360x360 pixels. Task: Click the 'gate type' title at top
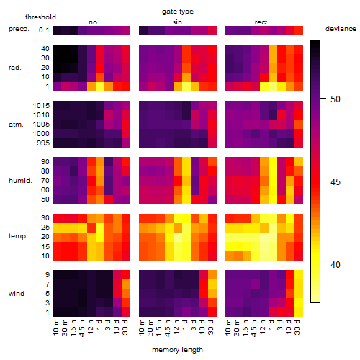point(178,12)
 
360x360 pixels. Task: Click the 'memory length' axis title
point(177,350)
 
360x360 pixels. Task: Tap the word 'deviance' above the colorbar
point(341,29)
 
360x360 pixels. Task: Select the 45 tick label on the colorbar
point(336,181)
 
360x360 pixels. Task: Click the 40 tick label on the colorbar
point(336,265)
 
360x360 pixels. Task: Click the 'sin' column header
point(177,22)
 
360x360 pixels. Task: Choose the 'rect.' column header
point(262,22)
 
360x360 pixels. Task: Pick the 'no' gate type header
point(93,22)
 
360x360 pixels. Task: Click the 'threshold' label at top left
point(40,17)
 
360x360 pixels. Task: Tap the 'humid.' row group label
point(20,181)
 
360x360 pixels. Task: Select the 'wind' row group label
point(17,294)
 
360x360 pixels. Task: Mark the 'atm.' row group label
point(16,125)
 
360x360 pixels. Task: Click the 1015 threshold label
point(41,106)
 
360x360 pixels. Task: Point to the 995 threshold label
point(43,143)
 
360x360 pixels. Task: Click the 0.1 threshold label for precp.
point(44,30)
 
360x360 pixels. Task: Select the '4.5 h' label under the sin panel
point(167,328)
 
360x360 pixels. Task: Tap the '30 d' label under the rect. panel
point(297,328)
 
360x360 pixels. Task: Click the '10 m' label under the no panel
point(55,328)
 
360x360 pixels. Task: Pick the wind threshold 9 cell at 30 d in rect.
point(299,274)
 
